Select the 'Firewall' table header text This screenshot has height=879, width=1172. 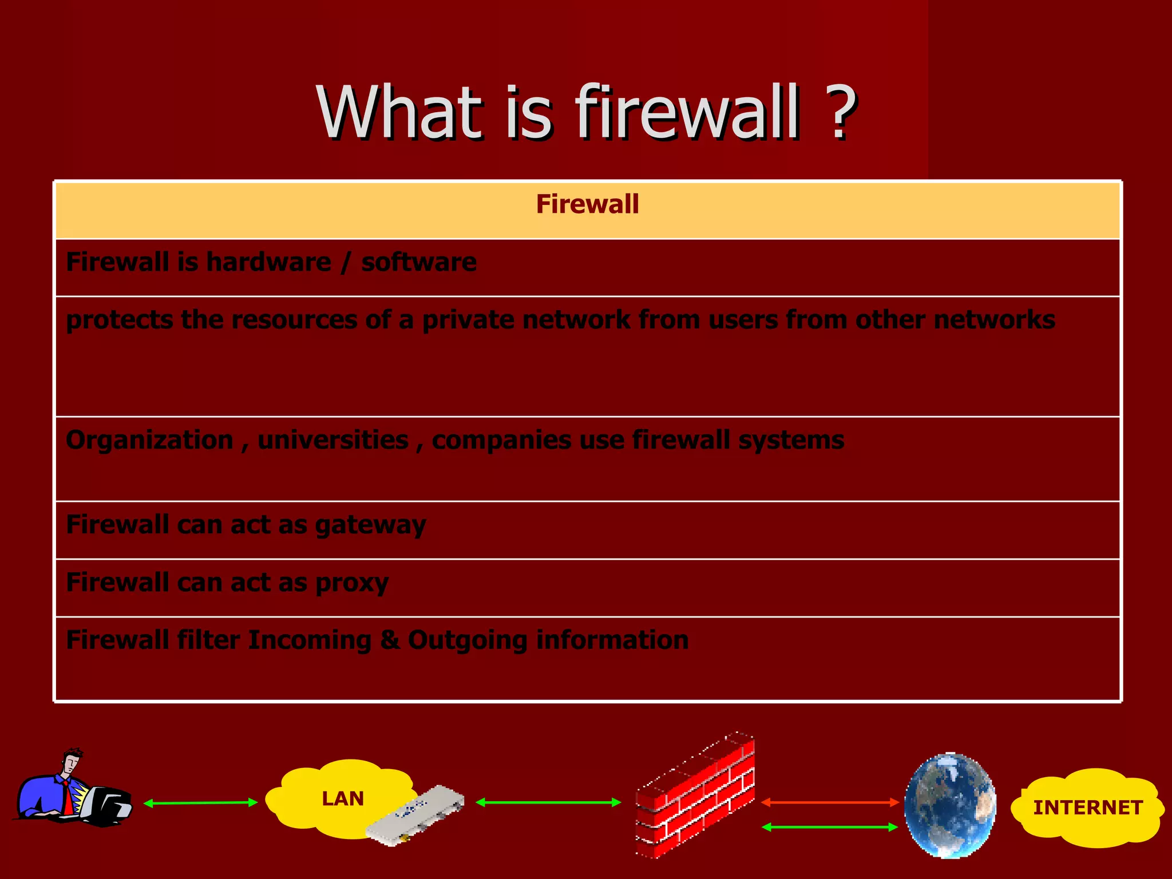(x=587, y=204)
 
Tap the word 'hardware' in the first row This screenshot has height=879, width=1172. (x=268, y=262)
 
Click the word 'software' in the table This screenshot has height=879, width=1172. (x=418, y=262)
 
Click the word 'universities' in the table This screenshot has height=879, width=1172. (x=333, y=440)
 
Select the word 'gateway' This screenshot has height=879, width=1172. (x=370, y=525)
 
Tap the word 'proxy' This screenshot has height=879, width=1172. (x=352, y=583)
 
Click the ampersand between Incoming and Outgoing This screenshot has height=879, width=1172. (x=390, y=640)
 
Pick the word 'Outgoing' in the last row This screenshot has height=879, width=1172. (x=468, y=640)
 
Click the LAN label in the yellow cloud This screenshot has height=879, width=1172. (x=343, y=798)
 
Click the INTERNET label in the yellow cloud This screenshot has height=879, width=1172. (x=1088, y=807)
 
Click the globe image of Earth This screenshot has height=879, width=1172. (x=950, y=805)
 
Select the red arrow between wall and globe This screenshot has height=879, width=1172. (x=830, y=803)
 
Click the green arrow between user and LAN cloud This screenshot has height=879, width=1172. (x=200, y=803)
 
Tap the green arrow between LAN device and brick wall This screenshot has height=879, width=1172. (x=548, y=802)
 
